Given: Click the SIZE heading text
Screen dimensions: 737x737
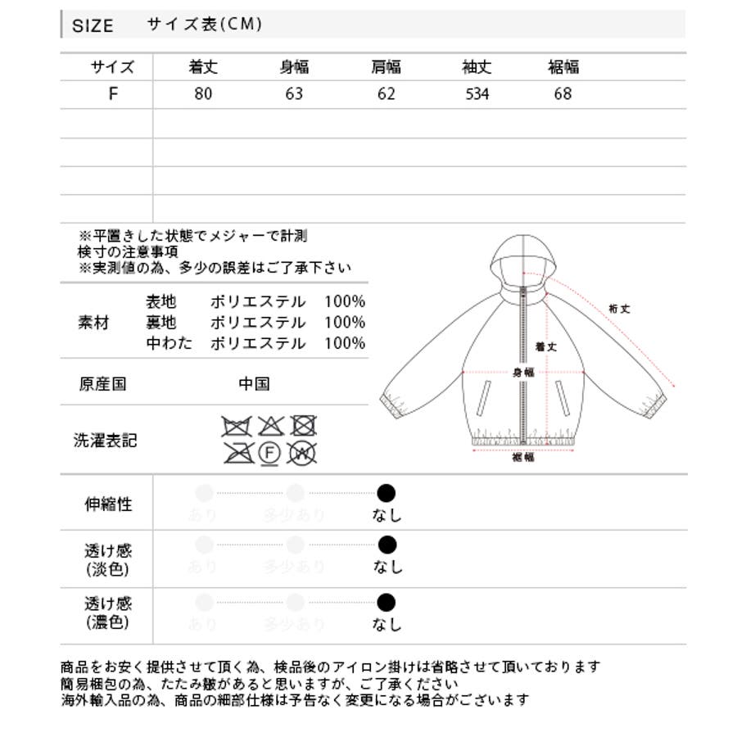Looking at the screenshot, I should tap(93, 25).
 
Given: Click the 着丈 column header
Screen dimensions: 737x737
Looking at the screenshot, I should tap(203, 67).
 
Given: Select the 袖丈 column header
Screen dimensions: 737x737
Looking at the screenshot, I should tap(477, 67).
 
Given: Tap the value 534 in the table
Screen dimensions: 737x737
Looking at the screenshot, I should tap(477, 94).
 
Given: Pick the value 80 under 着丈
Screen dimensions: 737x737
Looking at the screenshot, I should tap(203, 94).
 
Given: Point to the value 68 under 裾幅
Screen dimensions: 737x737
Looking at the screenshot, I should tap(563, 94).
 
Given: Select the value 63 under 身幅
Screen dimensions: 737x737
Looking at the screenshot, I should tap(294, 94).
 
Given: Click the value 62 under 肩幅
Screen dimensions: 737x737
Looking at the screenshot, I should tap(387, 94).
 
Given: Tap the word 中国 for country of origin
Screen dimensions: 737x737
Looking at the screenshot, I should tap(254, 384).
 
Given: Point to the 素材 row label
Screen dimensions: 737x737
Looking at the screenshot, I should tap(93, 322).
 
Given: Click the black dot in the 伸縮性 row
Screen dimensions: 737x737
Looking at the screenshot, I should tap(387, 493).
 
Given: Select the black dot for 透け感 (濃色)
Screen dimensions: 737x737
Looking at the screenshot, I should tap(387, 604).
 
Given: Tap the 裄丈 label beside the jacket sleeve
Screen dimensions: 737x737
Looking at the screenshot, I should tap(619, 309).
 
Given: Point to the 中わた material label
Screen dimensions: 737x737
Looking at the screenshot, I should tap(170, 343).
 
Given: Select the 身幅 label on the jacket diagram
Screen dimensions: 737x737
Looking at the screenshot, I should tap(523, 372).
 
